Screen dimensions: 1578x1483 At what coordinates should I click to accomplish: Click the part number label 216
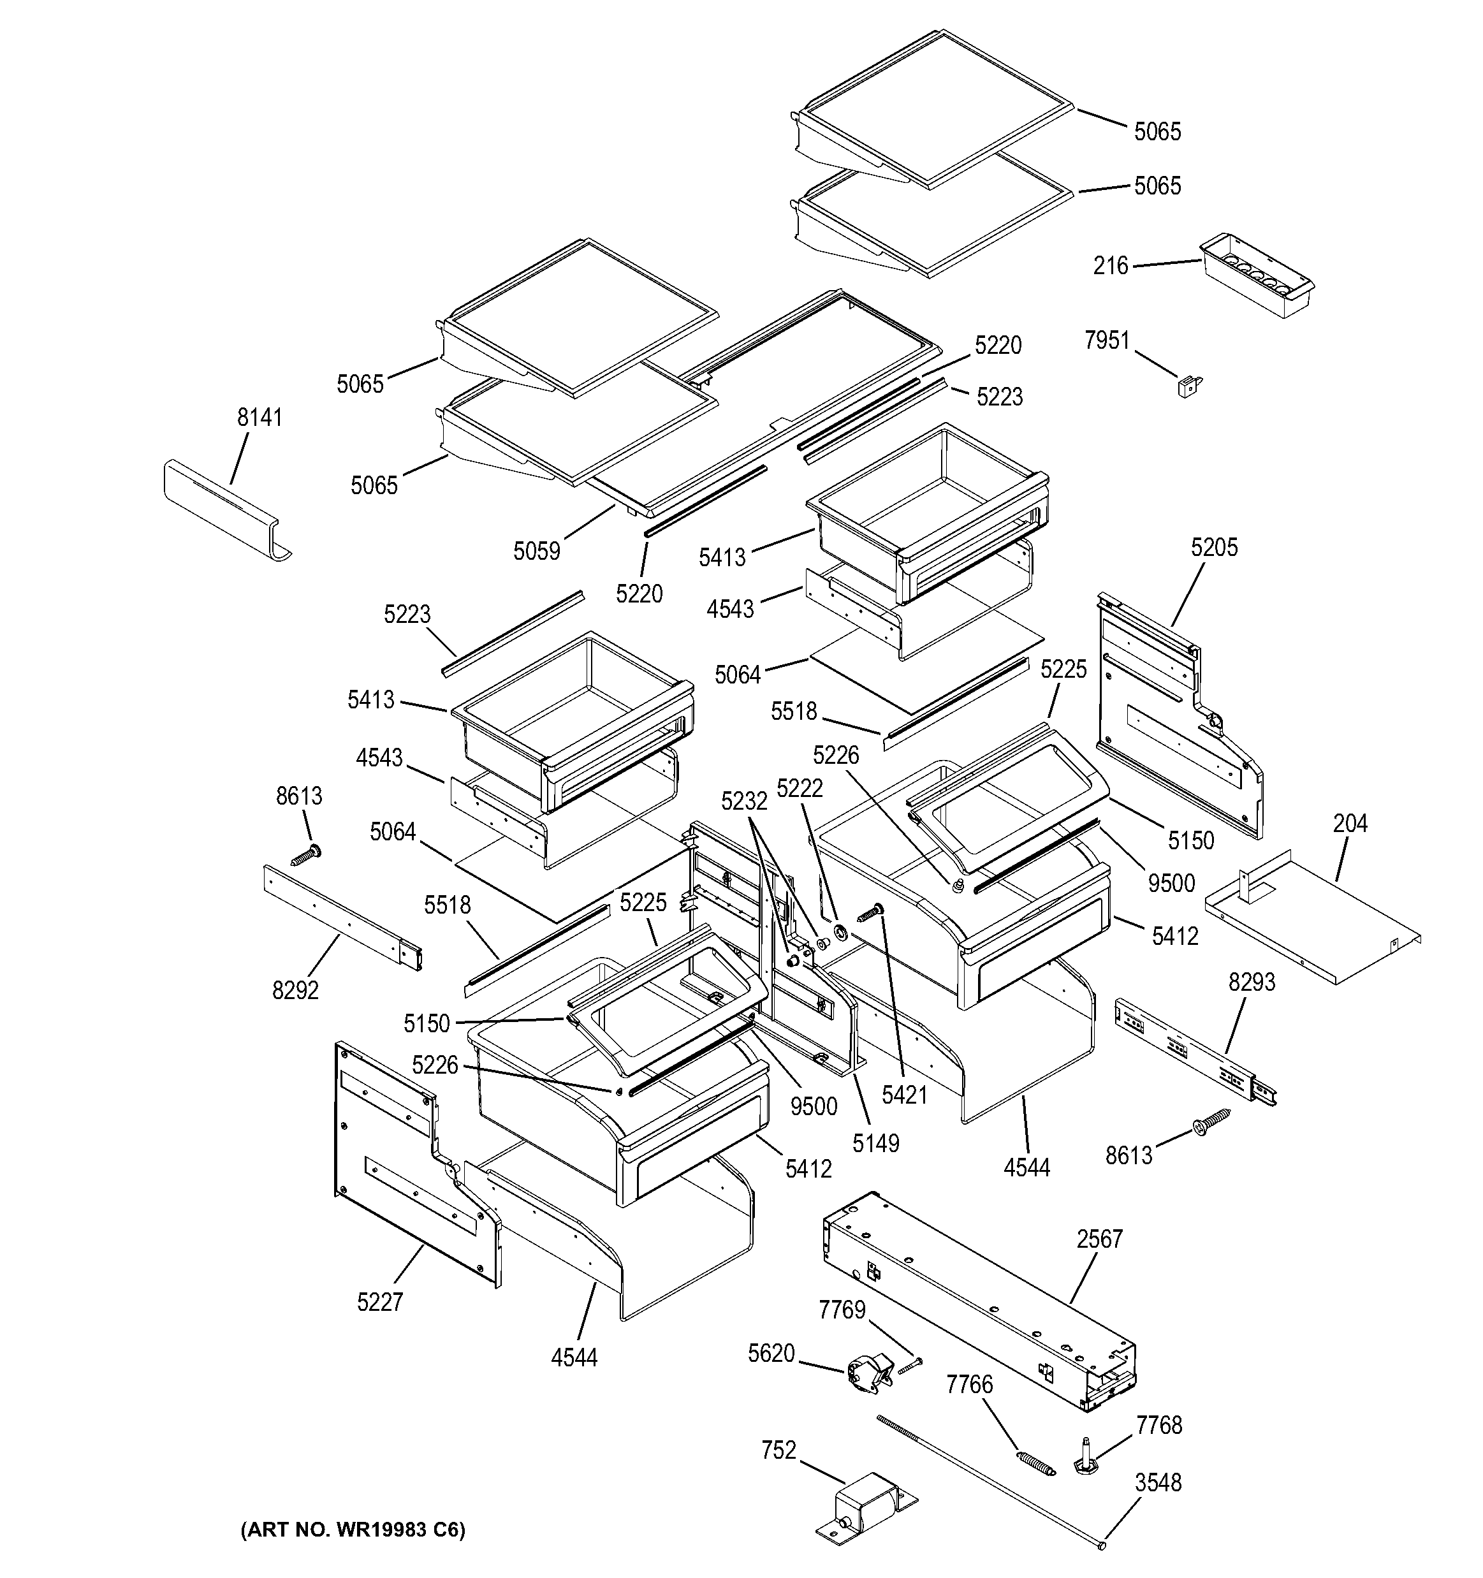[x=1110, y=265]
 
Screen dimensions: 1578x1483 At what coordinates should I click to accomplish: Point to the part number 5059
[x=537, y=550]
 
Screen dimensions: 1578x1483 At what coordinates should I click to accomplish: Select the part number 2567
[x=1100, y=1238]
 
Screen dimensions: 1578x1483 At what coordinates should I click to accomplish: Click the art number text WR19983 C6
[x=354, y=1530]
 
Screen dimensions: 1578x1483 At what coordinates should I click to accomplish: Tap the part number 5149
[x=875, y=1143]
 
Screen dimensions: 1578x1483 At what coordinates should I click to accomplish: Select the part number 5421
[x=904, y=1095]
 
